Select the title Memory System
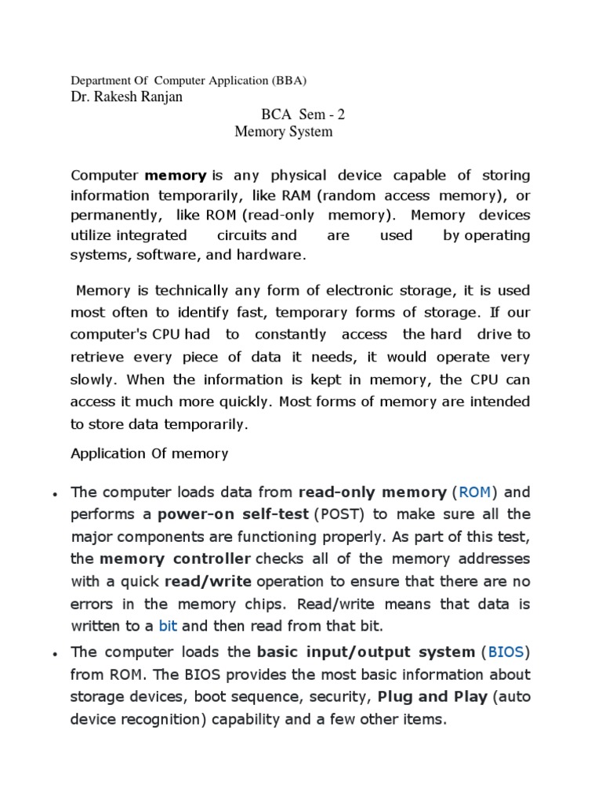coord(284,132)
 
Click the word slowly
coord(92,380)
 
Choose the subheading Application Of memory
coord(150,453)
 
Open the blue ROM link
coord(474,492)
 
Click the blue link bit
coord(169,626)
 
